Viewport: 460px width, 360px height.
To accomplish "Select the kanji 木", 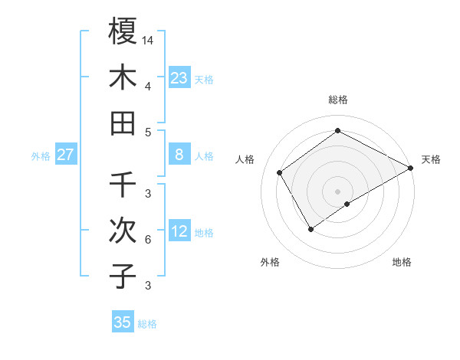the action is pos(123,77).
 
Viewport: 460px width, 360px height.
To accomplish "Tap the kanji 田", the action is pos(123,123).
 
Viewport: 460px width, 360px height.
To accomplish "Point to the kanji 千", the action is pos(123,185).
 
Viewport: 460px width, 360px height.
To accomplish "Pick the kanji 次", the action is pos(123,231).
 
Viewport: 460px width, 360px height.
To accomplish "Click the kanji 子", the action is pos(123,277).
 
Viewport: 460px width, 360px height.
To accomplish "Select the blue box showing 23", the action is pos(179,78).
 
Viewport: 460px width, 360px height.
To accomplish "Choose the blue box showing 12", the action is pos(179,232).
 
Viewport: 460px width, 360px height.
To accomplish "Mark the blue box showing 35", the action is pos(123,322).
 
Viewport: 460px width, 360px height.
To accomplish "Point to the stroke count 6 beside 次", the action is pos(147,240).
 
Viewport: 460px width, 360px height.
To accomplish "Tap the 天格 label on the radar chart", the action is pos(431,159).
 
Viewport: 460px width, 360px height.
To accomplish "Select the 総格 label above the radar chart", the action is pos(338,100).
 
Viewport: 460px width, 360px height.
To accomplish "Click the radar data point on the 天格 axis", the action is pos(411,169).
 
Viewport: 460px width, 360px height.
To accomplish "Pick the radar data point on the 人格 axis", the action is pos(280,172).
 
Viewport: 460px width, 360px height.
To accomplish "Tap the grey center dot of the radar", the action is pos(337,190).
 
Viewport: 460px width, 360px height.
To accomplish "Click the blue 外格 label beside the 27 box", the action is pos(41,156).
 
